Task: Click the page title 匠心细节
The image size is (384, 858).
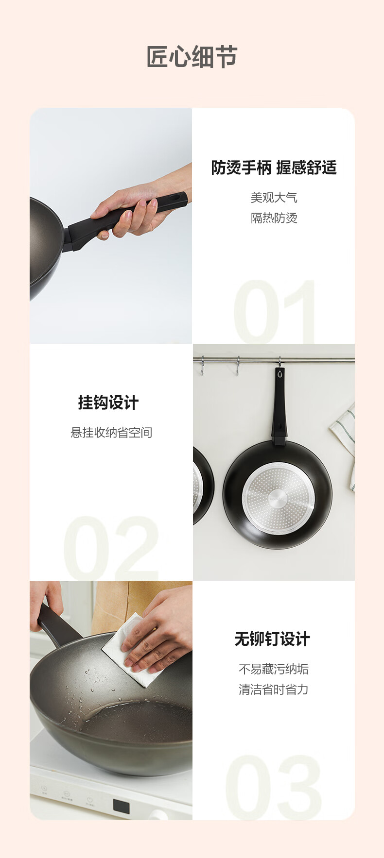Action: pyautogui.click(x=192, y=57)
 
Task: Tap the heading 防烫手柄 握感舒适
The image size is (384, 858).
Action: pyautogui.click(x=274, y=168)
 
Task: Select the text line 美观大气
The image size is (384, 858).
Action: pyautogui.click(x=274, y=198)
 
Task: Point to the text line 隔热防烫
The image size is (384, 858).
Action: pyautogui.click(x=274, y=218)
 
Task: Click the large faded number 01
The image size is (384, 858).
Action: pyautogui.click(x=275, y=311)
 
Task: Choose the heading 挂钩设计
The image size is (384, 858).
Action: pyautogui.click(x=108, y=403)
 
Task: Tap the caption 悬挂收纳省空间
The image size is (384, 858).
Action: pyautogui.click(x=111, y=432)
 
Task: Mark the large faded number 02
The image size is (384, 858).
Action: pyautogui.click(x=111, y=547)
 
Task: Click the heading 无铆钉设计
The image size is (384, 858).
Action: pyautogui.click(x=272, y=639)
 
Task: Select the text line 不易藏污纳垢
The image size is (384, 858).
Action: pyautogui.click(x=274, y=669)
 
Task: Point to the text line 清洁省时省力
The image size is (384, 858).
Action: pyautogui.click(x=274, y=690)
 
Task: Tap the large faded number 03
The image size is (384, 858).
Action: pyautogui.click(x=273, y=787)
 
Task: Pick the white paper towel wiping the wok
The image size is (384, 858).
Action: pyautogui.click(x=131, y=650)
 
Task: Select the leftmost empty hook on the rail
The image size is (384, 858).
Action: pyautogui.click(x=202, y=366)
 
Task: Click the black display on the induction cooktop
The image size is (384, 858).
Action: pyautogui.click(x=122, y=807)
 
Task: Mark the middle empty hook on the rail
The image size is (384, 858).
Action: pyautogui.click(x=238, y=366)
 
